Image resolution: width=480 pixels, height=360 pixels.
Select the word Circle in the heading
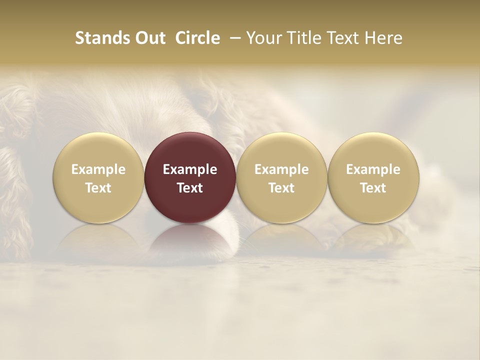coord(197,38)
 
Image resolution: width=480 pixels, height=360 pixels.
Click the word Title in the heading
coord(302,38)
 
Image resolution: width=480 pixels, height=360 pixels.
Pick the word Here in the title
coord(384,38)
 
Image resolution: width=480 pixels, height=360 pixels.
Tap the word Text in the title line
coord(341,38)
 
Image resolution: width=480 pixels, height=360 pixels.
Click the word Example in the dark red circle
coord(190,169)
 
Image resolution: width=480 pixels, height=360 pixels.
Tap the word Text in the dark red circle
coord(190,188)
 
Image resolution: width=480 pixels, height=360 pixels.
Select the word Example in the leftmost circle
coord(98,169)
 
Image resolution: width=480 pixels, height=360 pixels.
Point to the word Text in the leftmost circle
coord(98,188)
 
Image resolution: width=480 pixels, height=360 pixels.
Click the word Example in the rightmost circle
coord(373,169)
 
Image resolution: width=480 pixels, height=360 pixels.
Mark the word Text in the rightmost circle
coord(373,188)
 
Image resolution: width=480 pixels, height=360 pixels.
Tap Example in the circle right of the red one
coord(281,169)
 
